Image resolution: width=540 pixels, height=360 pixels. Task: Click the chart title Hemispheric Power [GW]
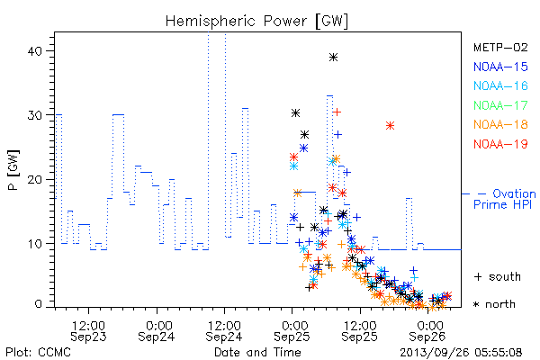coord(256,21)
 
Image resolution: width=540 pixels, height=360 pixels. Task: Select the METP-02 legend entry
coord(500,47)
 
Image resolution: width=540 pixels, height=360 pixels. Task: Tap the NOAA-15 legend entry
coord(500,67)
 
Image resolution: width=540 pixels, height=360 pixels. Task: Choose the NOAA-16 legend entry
coord(500,85)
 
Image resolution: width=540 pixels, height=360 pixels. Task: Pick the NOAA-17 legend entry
coord(500,105)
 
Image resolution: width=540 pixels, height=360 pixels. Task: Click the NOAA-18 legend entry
coord(500,124)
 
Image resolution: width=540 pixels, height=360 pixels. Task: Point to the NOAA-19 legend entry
coord(500,144)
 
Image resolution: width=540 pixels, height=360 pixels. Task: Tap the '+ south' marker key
coord(498,276)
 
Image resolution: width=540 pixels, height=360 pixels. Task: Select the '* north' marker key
coord(494,304)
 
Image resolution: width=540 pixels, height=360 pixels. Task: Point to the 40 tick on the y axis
coord(34,51)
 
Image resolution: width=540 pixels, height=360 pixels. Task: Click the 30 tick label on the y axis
coord(34,114)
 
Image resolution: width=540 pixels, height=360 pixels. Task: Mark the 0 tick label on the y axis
coord(38,304)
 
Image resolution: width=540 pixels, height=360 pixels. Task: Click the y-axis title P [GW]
coord(13,170)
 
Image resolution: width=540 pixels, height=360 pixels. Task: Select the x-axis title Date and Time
coord(257,352)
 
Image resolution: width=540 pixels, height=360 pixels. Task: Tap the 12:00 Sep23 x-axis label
coord(88,330)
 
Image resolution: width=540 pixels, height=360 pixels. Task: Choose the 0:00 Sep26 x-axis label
coord(427,330)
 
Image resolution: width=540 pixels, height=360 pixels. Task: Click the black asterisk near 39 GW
coord(333,58)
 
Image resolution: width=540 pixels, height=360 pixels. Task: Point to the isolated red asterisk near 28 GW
coord(390,126)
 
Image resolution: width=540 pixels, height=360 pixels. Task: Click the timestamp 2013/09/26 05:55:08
coord(461,353)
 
